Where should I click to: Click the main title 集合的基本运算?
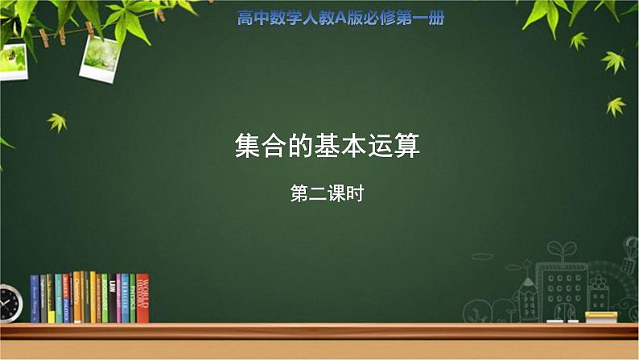point(328,147)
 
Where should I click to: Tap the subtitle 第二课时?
point(328,193)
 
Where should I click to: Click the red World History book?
point(142,298)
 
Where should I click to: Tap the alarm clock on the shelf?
point(10,304)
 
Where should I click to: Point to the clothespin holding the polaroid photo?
point(89,30)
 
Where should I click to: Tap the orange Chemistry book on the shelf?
point(77,297)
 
